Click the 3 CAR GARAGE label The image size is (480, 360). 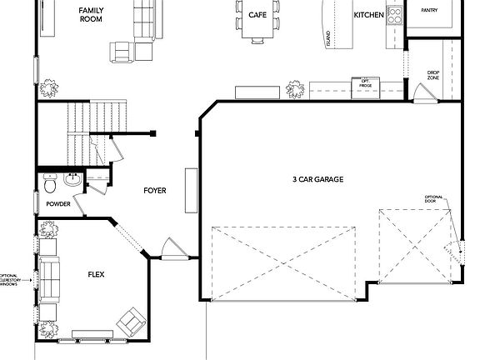(x=318, y=180)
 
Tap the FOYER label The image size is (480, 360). (x=154, y=191)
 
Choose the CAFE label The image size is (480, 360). (x=257, y=15)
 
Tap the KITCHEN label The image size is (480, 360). (x=368, y=15)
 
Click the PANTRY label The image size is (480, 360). (x=429, y=11)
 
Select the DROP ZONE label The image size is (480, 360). (x=433, y=76)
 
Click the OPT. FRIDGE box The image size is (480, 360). (x=365, y=84)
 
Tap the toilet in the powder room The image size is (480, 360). (x=50, y=179)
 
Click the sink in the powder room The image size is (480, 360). (x=72, y=177)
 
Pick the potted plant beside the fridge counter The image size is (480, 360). (x=295, y=87)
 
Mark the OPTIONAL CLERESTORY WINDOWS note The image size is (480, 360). (x=11, y=279)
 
